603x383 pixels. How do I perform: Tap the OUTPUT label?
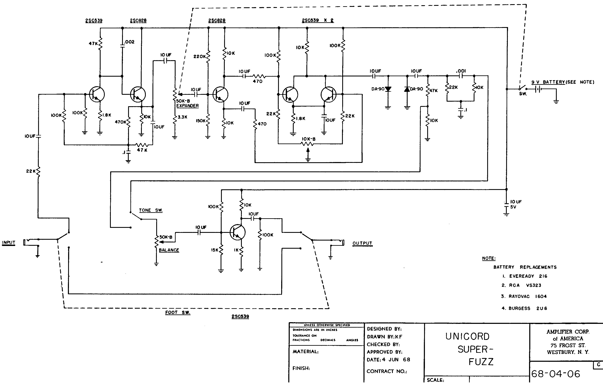[362, 243]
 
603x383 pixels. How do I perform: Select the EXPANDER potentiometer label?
[187, 106]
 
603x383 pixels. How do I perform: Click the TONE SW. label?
[151, 210]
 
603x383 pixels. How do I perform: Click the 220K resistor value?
[200, 57]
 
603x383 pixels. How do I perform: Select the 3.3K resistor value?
[182, 117]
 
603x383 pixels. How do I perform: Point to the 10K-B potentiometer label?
[308, 139]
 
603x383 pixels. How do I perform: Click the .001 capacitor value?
[461, 71]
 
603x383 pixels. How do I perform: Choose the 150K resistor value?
[201, 121]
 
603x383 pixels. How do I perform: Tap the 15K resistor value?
[215, 250]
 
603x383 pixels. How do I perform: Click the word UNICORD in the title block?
[467, 336]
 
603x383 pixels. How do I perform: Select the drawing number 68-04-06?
[556, 374]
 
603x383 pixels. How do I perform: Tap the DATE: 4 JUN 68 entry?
[389, 360]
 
